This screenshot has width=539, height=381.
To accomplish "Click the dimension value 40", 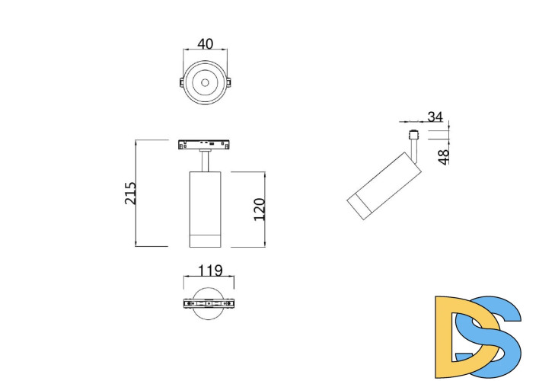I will tap(205, 44).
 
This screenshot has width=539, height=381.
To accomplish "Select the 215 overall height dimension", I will tap(130, 194).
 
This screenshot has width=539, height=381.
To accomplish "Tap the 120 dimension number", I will tap(259, 209).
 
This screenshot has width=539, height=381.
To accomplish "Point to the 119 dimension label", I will tap(209, 270).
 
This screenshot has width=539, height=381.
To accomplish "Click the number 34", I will tap(435, 117).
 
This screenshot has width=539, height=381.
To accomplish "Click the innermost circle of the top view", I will tap(205, 82).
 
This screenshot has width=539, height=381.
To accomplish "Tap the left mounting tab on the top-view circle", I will tap(181, 82).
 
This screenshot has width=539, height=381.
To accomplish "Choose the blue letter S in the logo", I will tap(495, 335).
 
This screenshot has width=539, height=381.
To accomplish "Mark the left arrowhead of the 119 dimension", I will tap(185, 277).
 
